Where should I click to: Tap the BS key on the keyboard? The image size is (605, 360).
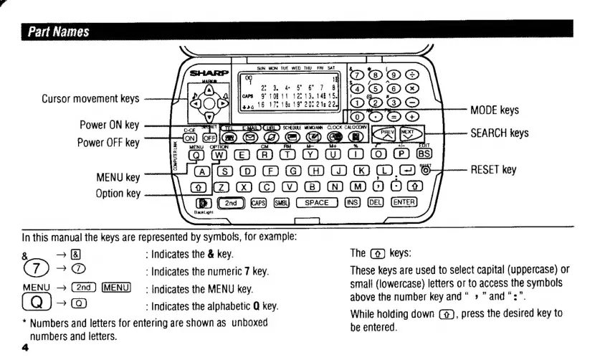424,153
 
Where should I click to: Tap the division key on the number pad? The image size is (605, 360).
414,72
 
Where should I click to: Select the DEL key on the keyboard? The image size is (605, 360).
376,203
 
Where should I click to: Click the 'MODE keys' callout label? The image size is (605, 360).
495,110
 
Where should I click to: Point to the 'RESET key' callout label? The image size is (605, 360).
493,170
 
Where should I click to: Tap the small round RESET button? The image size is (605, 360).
427,170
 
